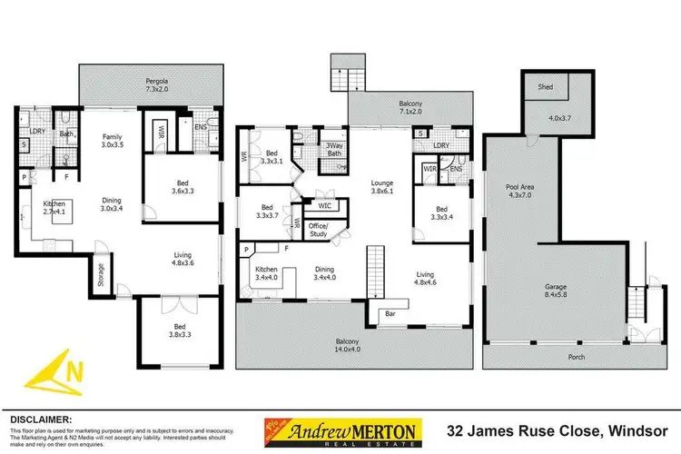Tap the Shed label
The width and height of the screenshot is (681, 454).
click(546, 89)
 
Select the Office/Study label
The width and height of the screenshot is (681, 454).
click(318, 230)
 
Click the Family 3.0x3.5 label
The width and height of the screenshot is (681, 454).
click(111, 139)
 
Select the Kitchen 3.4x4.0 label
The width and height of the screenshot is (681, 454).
click(268, 274)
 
